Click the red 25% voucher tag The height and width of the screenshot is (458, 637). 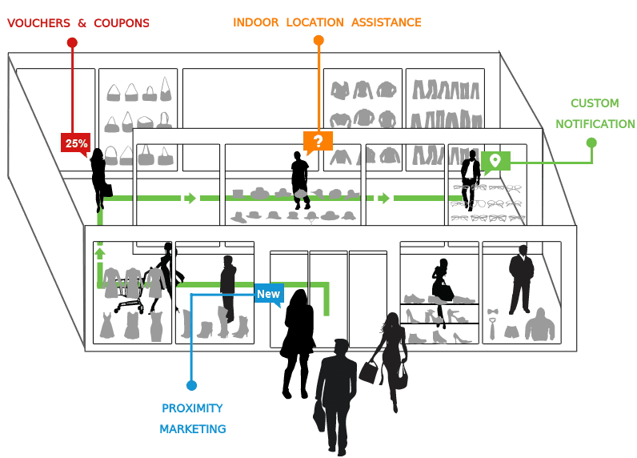tap(76, 144)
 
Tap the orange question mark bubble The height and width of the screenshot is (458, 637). tap(318, 142)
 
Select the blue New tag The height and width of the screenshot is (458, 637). tap(268, 294)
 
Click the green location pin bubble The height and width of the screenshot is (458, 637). tap(495, 161)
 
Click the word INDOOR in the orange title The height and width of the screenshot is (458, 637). tap(255, 22)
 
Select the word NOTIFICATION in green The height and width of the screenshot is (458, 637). tap(595, 124)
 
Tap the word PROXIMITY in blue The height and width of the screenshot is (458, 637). tap(192, 408)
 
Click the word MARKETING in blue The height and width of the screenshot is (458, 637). tap(192, 429)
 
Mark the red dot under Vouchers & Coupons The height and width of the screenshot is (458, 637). tap(72, 42)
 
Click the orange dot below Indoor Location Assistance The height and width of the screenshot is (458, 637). tap(318, 40)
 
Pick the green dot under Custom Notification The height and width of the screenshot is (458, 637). tap(591, 143)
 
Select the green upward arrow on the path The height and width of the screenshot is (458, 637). tap(101, 254)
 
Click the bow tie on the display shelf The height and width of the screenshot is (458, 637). tap(493, 311)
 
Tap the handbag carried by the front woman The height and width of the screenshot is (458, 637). tap(369, 370)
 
